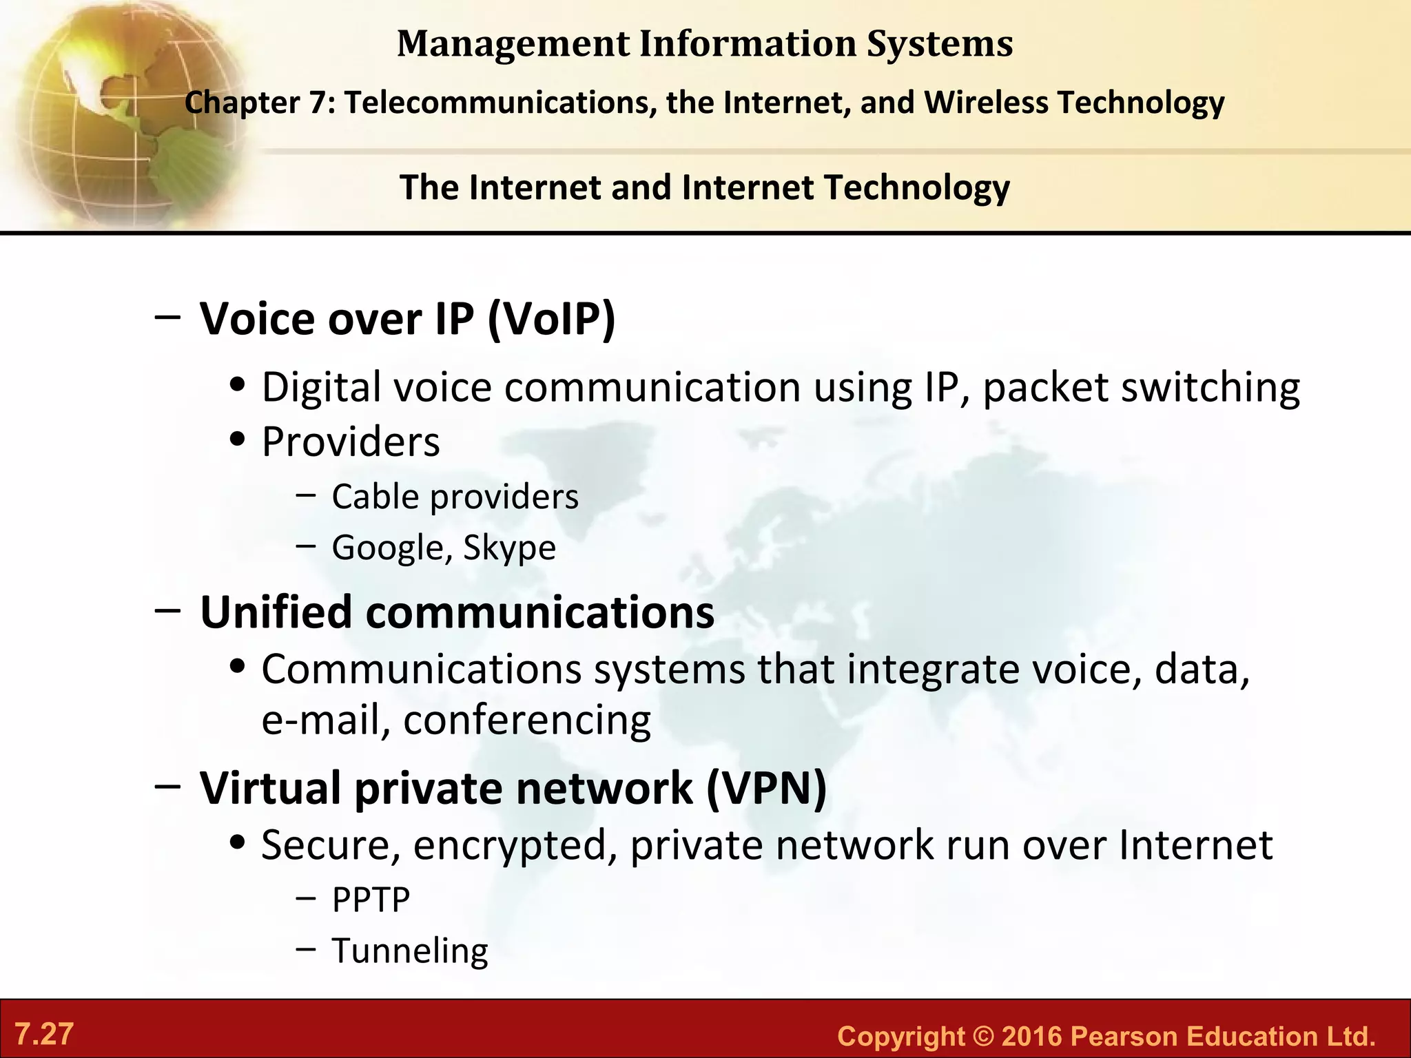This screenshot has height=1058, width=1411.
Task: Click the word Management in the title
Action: click(x=513, y=44)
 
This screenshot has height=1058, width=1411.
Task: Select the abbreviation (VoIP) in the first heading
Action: click(x=551, y=319)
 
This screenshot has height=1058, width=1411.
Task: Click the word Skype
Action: click(x=509, y=548)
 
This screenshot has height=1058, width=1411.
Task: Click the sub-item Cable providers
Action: click(x=455, y=497)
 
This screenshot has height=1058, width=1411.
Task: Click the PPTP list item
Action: click(x=371, y=900)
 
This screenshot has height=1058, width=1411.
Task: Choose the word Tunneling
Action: click(x=410, y=951)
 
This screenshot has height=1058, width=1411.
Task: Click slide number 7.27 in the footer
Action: click(x=44, y=1035)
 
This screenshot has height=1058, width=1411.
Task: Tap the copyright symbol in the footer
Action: click(x=983, y=1037)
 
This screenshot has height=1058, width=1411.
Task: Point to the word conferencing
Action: click(x=527, y=720)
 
